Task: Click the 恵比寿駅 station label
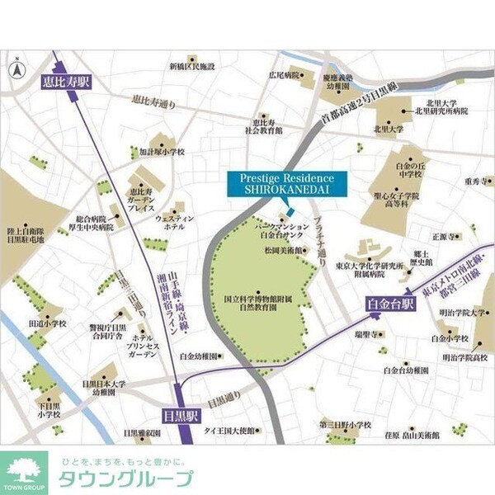65,82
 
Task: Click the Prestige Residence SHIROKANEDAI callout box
286,184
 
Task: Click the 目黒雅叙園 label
143,431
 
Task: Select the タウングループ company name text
125,479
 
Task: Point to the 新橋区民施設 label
191,65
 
